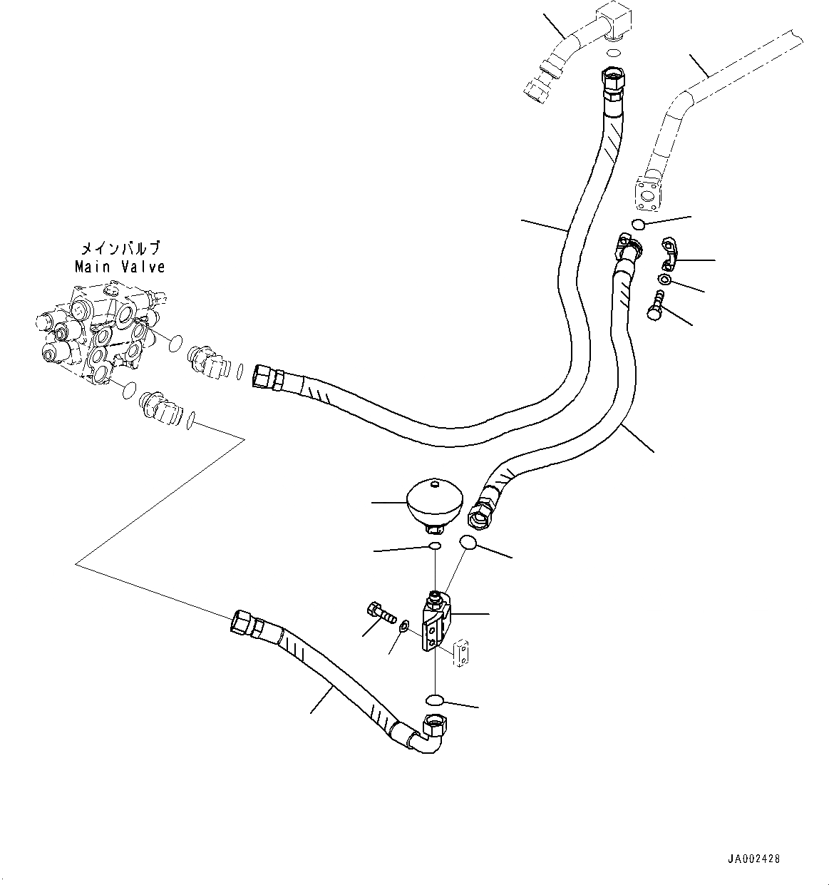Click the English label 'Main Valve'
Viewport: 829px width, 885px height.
tap(120, 267)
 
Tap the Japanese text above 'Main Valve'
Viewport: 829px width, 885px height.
tap(120, 249)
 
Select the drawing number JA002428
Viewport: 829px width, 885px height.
tap(754, 859)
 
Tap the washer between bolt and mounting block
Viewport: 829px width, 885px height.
tap(404, 626)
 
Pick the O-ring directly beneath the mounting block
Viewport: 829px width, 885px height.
tap(436, 698)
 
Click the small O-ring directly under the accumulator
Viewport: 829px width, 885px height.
tap(433, 546)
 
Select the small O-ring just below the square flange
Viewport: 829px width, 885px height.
tap(639, 225)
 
